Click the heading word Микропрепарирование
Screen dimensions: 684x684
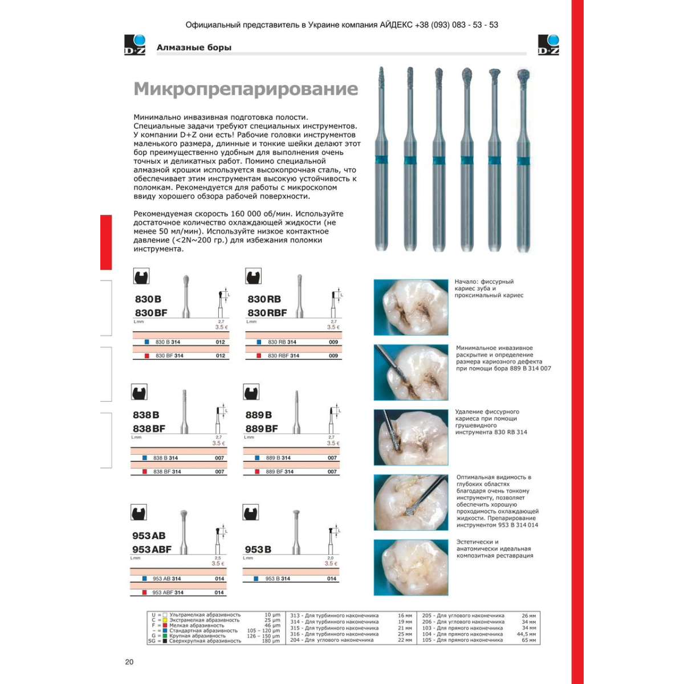246,89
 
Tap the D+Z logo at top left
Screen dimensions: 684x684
135,45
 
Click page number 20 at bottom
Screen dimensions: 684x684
129,662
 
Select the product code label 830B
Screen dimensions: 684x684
148,299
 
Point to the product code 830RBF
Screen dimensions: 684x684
267,312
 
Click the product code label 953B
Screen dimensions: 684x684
258,549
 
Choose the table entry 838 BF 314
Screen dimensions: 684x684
167,472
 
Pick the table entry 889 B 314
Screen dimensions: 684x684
278,458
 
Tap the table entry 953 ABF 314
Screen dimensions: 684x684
168,593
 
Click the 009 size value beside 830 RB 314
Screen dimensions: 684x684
333,342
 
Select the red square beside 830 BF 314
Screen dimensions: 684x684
147,356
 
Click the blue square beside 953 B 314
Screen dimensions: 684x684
257,579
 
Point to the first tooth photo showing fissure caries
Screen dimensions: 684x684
411,307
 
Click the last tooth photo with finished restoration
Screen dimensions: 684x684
411,568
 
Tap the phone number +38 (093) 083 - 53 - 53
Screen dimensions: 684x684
457,25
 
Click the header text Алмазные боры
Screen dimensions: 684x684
194,47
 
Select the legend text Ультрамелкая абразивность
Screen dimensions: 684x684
205,615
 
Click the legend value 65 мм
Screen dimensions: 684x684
529,640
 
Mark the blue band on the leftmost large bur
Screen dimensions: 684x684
382,160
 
